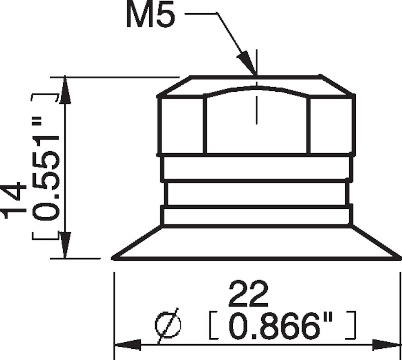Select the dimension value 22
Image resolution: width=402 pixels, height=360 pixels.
tap(248, 294)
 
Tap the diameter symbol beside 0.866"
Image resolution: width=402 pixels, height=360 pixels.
tap(168, 325)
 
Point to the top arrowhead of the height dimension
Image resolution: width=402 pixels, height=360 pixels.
tap(65, 91)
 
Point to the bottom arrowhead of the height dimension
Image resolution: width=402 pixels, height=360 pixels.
tap(65, 245)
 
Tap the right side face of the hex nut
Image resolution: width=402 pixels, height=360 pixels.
tap(331, 125)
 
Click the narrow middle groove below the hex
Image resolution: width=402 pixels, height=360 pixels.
tap(256, 193)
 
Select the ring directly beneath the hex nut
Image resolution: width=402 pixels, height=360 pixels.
tap(256, 168)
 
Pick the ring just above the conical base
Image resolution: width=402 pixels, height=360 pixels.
tap(256, 216)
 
